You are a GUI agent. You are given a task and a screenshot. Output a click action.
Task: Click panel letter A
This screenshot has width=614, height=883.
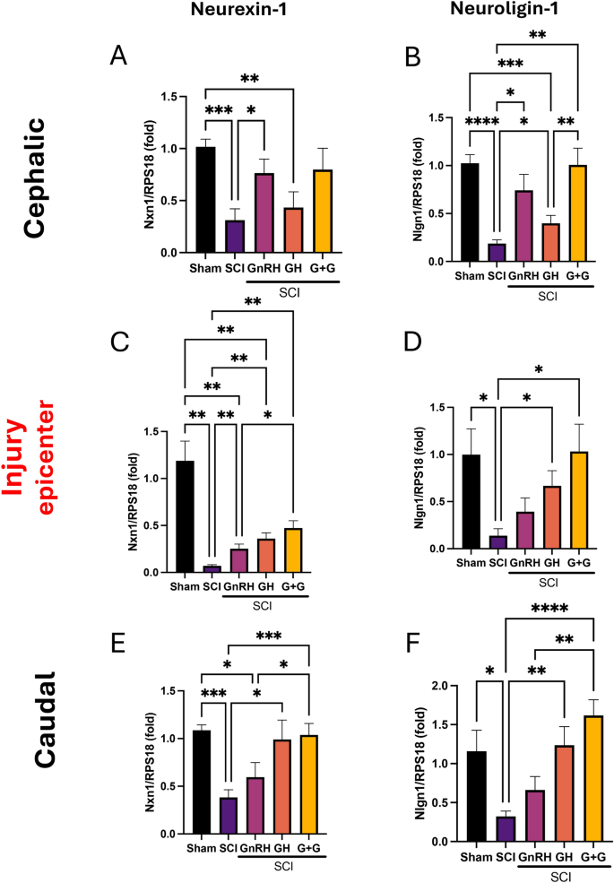pos(117,56)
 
